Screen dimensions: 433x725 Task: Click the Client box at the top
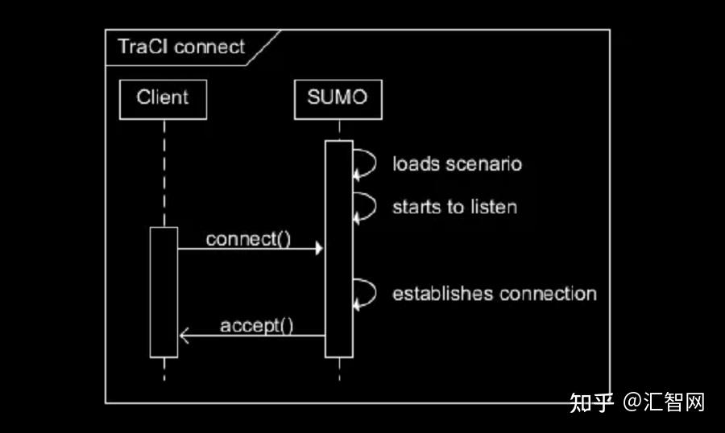163,98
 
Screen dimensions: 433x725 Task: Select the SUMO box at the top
338,98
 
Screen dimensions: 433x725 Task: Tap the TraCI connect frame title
181,47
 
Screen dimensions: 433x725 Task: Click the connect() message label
248,239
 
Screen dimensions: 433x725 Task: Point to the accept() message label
256,325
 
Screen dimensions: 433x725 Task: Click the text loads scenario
457,164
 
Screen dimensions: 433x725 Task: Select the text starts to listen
454,207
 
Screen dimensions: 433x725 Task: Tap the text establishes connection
494,293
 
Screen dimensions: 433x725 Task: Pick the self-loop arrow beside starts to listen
367,206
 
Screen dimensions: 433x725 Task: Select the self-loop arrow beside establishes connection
367,292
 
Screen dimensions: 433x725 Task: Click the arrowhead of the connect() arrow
319,249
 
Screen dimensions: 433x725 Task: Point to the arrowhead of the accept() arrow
184,336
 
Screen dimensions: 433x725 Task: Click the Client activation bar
164,291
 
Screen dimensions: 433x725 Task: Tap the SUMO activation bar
339,249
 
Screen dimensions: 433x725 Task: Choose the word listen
494,207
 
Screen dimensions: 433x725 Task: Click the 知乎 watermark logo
592,402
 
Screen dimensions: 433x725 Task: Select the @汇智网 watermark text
665,402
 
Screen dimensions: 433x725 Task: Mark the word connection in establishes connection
548,293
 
